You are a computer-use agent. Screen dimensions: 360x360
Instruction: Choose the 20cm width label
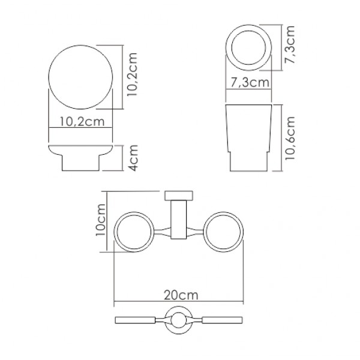click(x=180, y=295)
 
